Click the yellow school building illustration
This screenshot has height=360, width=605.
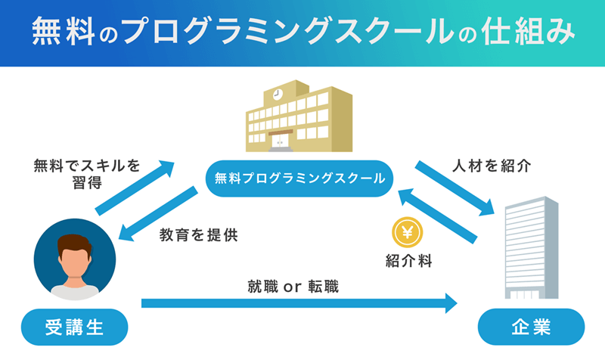tap(299, 116)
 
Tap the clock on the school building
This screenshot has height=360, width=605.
tap(277, 95)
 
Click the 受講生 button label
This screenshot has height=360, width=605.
tap(73, 327)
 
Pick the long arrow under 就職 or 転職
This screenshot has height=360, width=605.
tap(299, 304)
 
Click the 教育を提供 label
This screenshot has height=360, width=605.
tap(199, 235)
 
